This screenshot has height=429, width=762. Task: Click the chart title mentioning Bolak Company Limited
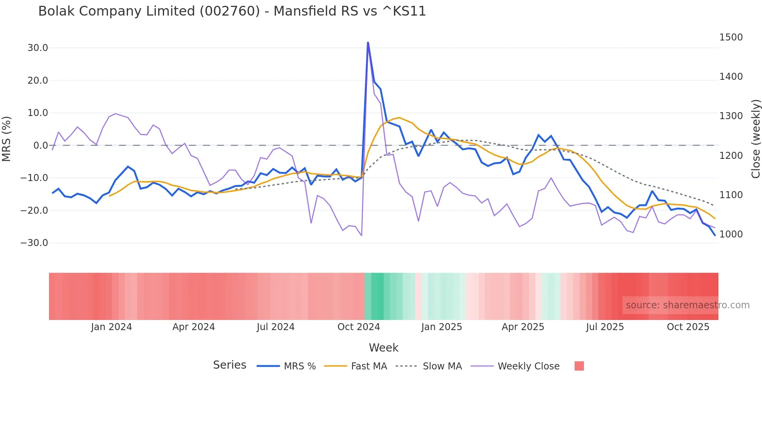pyautogui.click(x=232, y=11)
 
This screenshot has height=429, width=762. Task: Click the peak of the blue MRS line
pyautogui.click(x=368, y=42)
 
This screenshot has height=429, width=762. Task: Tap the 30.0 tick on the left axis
pyautogui.click(x=38, y=48)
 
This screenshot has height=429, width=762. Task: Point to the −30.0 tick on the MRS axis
pyautogui.click(x=34, y=243)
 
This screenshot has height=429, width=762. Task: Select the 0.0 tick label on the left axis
pyautogui.click(x=41, y=146)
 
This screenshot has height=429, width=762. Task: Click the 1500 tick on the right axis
pyautogui.click(x=731, y=37)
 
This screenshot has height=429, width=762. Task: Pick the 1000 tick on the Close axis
pyautogui.click(x=731, y=234)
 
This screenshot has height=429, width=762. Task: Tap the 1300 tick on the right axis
pyautogui.click(x=731, y=116)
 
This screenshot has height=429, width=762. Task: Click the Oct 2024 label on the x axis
pyautogui.click(x=358, y=327)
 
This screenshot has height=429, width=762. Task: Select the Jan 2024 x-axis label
pyautogui.click(x=112, y=327)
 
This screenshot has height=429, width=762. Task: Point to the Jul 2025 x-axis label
pyautogui.click(x=605, y=327)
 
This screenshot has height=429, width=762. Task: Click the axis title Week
pyautogui.click(x=383, y=348)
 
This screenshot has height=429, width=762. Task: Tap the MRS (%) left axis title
pyautogui.click(x=7, y=139)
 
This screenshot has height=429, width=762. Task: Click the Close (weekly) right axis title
pyautogui.click(x=756, y=139)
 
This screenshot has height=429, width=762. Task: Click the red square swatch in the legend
pyautogui.click(x=579, y=366)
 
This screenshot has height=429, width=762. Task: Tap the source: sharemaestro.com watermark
pyautogui.click(x=687, y=305)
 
